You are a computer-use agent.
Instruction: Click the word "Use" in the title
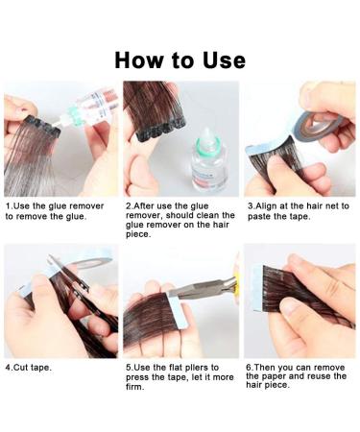[221, 60]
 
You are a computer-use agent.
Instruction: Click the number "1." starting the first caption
[9, 206]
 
